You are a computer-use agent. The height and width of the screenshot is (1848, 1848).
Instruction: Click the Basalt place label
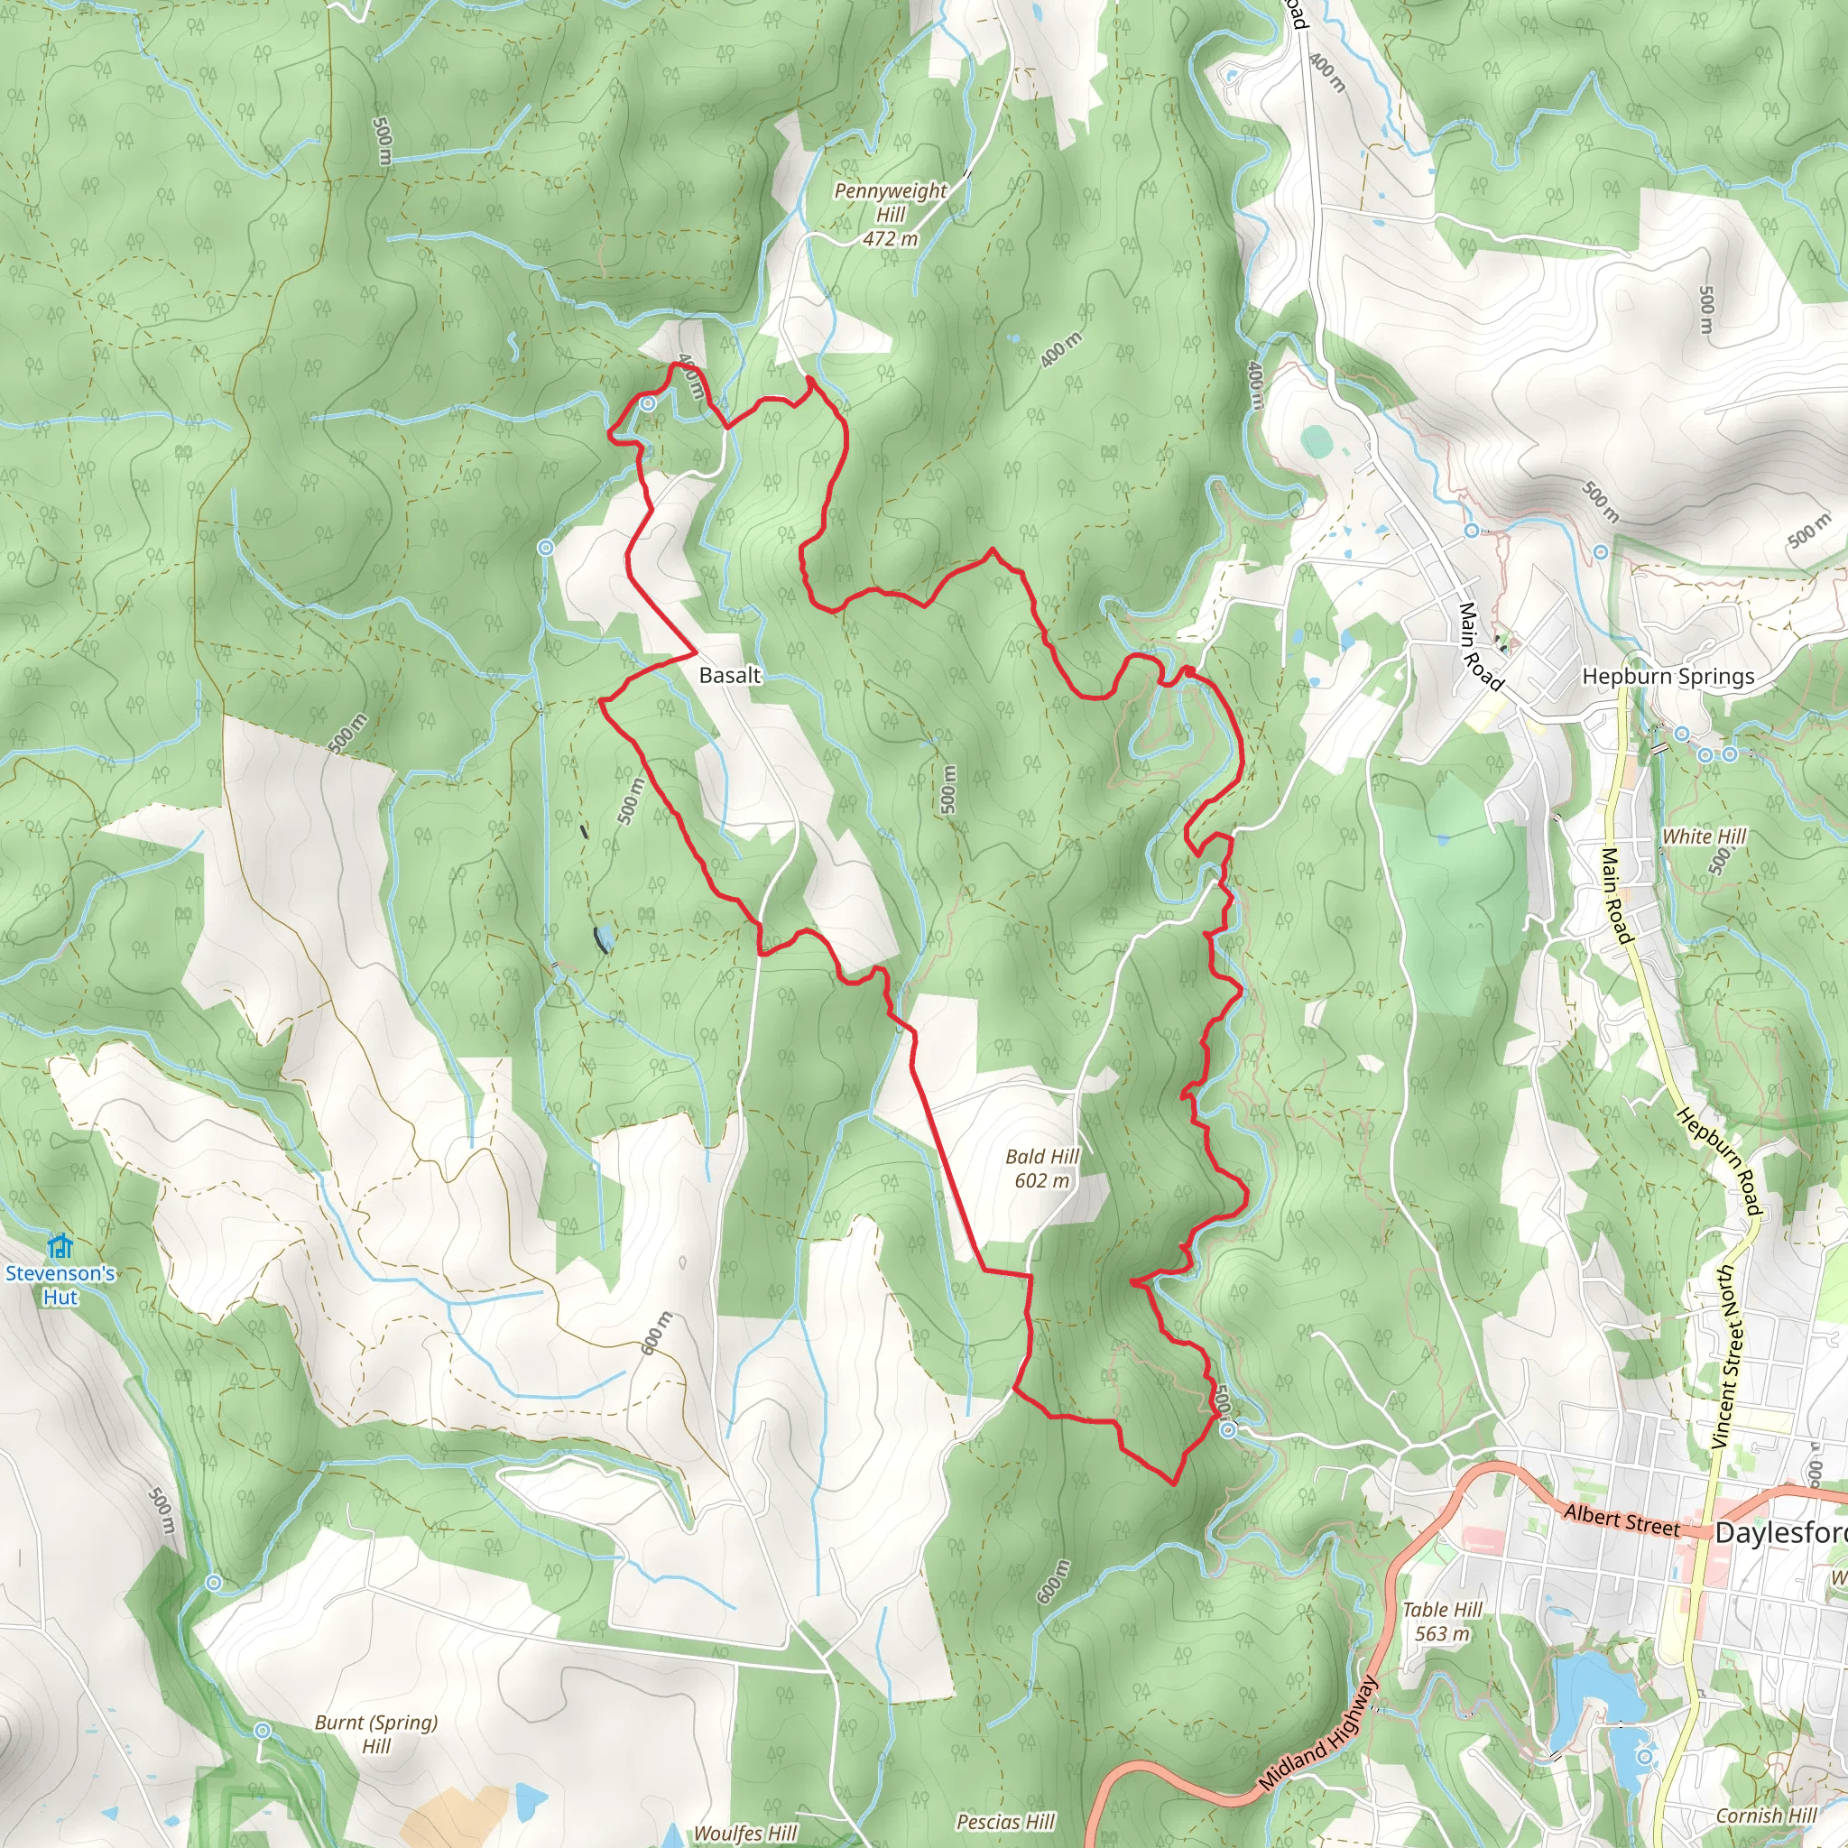pyautogui.click(x=730, y=675)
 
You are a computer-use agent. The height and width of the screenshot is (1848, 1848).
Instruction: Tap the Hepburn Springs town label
pyautogui.click(x=1668, y=676)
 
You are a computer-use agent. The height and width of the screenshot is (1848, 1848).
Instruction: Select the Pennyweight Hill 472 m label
pyautogui.click(x=890, y=214)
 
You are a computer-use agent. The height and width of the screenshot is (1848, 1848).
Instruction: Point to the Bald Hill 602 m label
pyautogui.click(x=1041, y=1168)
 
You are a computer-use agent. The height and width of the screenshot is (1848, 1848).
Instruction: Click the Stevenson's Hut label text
pyautogui.click(x=60, y=1285)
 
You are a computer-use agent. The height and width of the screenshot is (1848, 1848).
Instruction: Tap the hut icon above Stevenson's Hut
pyautogui.click(x=60, y=1245)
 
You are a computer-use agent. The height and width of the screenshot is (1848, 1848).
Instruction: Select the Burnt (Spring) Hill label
pyautogui.click(x=376, y=1733)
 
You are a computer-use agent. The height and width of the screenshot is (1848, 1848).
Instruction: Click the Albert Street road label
pyautogui.click(x=1622, y=1520)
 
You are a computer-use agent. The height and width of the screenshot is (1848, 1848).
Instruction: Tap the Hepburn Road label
pyautogui.click(x=1718, y=1162)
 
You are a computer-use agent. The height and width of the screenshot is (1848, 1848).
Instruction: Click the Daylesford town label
pyautogui.click(x=1779, y=1532)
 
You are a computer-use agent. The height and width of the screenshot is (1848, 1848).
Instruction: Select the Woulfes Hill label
pyautogui.click(x=745, y=1833)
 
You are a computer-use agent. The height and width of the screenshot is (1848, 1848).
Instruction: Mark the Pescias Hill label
pyautogui.click(x=1005, y=1822)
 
